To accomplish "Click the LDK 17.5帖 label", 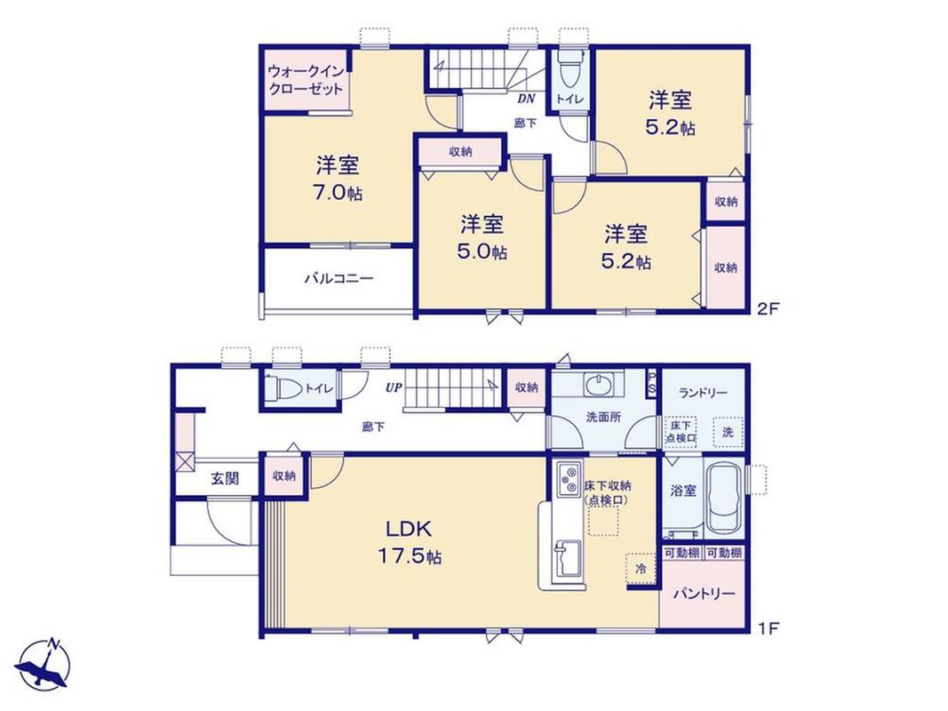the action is [410, 542].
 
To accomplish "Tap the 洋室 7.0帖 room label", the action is [338, 179].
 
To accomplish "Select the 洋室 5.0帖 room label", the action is [482, 237].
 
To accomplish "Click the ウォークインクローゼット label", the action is [306, 80].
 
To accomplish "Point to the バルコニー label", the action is [339, 279].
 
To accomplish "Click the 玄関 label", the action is [225, 479].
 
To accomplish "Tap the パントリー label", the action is [705, 594].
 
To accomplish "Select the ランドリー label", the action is [703, 393].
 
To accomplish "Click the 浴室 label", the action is [683, 491].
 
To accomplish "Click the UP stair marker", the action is [394, 387].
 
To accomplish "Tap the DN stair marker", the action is [526, 100].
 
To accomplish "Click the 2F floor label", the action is [769, 308].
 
